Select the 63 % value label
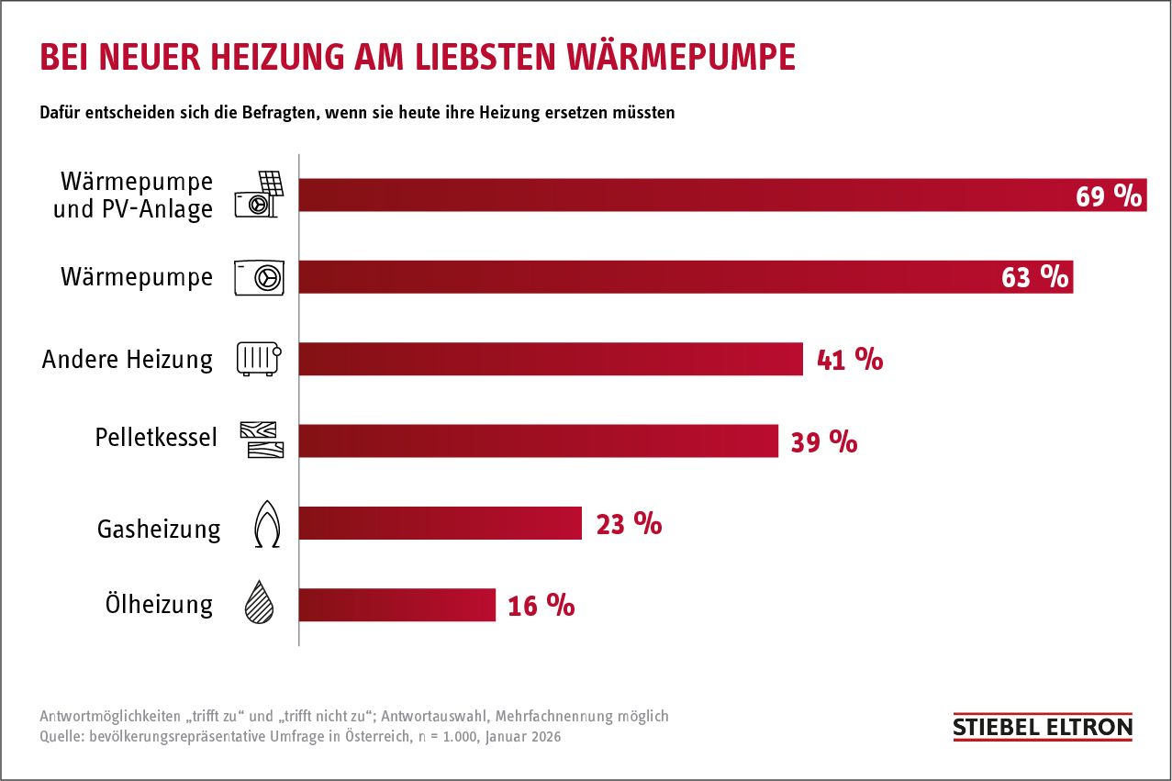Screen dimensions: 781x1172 (1034, 277)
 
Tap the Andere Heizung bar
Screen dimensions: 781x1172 (551, 359)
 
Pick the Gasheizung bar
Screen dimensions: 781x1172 (441, 523)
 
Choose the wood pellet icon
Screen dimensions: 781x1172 (262, 441)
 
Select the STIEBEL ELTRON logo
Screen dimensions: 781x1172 (1043, 728)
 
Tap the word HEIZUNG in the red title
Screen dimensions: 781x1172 (274, 57)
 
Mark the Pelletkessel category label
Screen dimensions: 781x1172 (156, 437)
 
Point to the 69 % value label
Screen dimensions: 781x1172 (1108, 195)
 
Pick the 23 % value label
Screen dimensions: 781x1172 (629, 524)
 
